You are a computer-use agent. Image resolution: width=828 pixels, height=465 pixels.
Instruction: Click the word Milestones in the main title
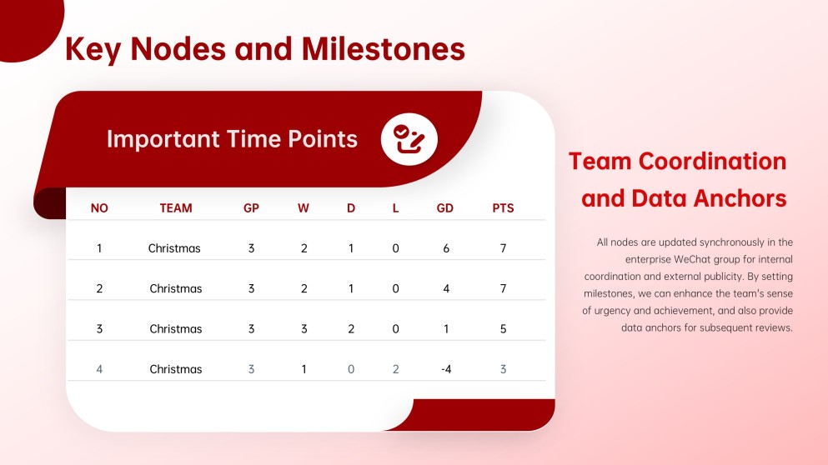[383, 49]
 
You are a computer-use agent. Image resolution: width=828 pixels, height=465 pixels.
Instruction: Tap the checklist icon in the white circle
[409, 139]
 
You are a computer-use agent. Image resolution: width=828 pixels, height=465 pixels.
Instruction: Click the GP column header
[251, 208]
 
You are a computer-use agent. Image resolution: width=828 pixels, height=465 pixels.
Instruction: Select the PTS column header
[503, 208]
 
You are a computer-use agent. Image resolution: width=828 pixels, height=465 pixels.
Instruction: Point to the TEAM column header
[176, 208]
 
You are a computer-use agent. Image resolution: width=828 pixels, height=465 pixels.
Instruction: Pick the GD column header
[444, 208]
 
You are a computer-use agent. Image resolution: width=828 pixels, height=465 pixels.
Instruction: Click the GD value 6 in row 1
[446, 248]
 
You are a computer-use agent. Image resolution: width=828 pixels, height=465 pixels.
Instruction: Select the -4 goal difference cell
[446, 369]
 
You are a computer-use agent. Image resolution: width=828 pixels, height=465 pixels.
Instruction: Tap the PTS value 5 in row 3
[504, 329]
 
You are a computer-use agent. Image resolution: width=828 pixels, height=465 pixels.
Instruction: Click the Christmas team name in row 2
[176, 288]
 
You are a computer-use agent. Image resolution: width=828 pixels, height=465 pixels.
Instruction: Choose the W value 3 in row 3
[304, 329]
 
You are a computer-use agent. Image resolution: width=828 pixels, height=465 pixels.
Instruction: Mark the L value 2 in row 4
[395, 369]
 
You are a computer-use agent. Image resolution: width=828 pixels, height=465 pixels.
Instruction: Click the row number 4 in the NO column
[99, 369]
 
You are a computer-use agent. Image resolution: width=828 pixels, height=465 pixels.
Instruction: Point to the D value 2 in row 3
[351, 329]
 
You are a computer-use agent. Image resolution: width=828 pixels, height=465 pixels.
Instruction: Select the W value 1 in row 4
[304, 369]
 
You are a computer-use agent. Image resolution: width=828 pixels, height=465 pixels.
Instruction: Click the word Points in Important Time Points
[323, 139]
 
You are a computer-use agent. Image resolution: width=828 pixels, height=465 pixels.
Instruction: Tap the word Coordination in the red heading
[712, 161]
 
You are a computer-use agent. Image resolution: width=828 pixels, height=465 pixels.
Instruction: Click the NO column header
[99, 208]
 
